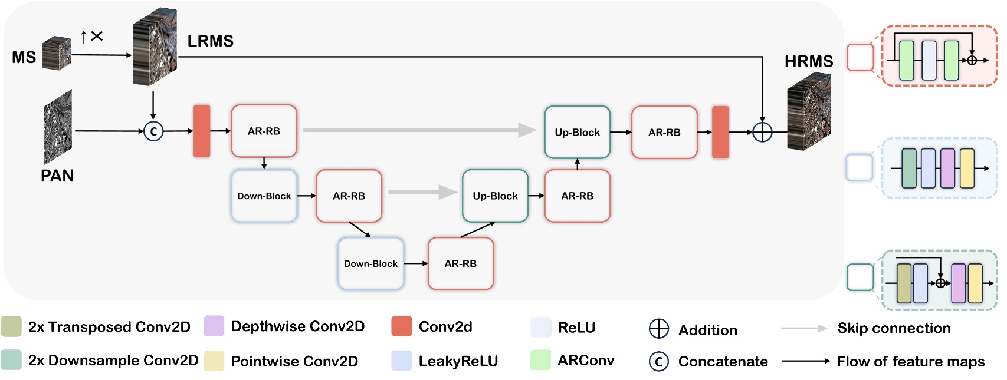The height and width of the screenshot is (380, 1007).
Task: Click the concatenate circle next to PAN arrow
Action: coord(153,131)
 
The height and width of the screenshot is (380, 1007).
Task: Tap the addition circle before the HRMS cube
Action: coord(762,132)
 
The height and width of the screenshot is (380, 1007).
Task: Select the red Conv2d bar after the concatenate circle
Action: coord(202,131)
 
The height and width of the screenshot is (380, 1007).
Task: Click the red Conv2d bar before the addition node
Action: coord(720,132)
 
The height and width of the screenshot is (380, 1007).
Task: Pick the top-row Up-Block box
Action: coord(577,132)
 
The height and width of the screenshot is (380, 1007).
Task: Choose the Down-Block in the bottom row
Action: coord(370,263)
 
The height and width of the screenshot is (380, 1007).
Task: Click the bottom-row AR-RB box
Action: coord(460,263)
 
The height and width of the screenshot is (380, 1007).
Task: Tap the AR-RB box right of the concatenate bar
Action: coord(264,131)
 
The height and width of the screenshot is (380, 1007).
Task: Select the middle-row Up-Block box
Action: coord(495,196)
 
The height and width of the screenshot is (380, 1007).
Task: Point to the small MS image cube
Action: coord(57,53)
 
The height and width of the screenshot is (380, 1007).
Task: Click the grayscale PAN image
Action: coord(58,127)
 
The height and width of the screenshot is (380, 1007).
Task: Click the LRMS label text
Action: coord(210,41)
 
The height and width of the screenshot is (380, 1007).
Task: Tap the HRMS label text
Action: coord(808,61)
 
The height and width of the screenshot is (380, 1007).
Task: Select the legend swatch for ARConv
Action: coord(540,360)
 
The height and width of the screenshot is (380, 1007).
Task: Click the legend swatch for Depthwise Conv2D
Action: coord(214,326)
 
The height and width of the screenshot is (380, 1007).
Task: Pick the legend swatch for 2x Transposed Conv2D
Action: coord(11,326)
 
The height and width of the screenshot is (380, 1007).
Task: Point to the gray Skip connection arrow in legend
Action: coord(804,328)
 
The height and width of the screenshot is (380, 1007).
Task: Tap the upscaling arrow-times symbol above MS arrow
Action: coord(91,37)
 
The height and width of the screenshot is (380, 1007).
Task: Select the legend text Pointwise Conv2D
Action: coord(294,361)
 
